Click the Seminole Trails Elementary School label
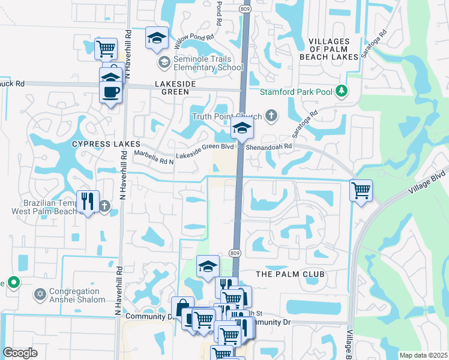pyautogui.click(x=207, y=62)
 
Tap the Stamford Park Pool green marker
pyautogui.click(x=342, y=91)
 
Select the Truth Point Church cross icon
pyautogui.click(x=271, y=116)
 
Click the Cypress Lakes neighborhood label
pyautogui.click(x=106, y=145)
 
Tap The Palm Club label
pyautogui.click(x=290, y=274)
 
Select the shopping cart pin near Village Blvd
pyautogui.click(x=361, y=191)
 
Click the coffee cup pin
pyautogui.click(x=110, y=92)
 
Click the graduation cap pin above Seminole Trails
pyautogui.click(x=157, y=38)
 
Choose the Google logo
pyautogui.click(x=20, y=353)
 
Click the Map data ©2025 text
pyautogui.click(x=423, y=355)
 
